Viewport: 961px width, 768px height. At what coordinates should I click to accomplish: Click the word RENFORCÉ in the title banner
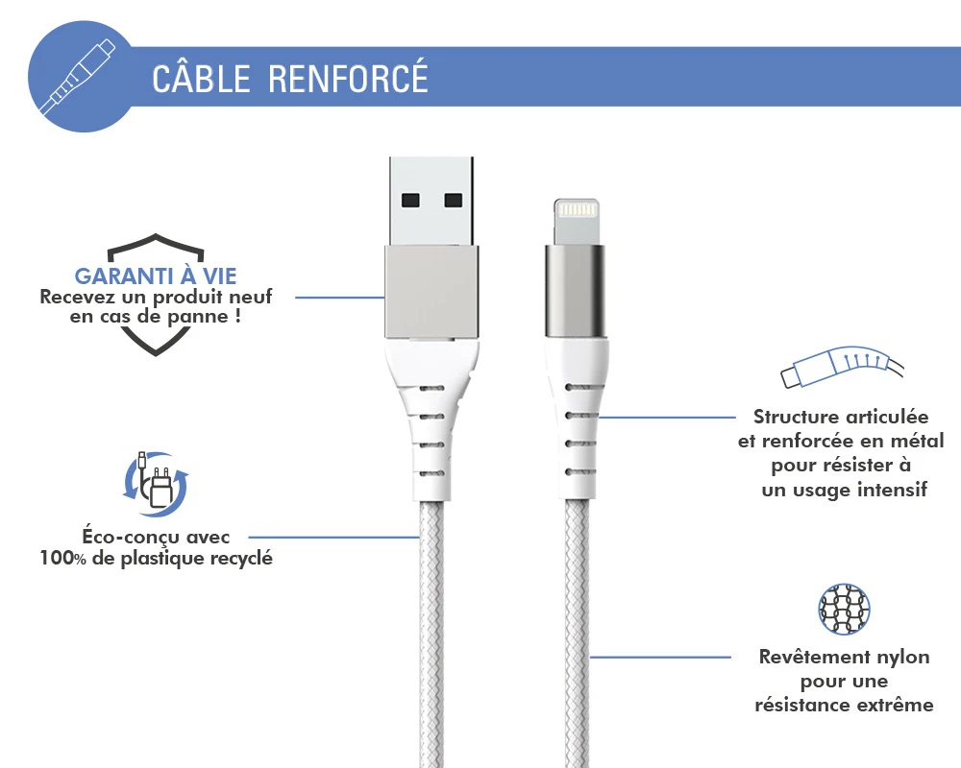click(348, 79)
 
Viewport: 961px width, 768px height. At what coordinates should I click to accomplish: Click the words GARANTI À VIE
click(156, 276)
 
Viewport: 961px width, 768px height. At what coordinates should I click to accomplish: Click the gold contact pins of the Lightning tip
click(578, 208)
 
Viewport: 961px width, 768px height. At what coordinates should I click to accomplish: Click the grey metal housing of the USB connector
click(432, 292)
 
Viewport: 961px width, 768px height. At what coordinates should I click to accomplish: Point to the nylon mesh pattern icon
click(844, 608)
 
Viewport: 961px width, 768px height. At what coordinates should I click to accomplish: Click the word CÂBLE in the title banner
click(202, 79)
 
